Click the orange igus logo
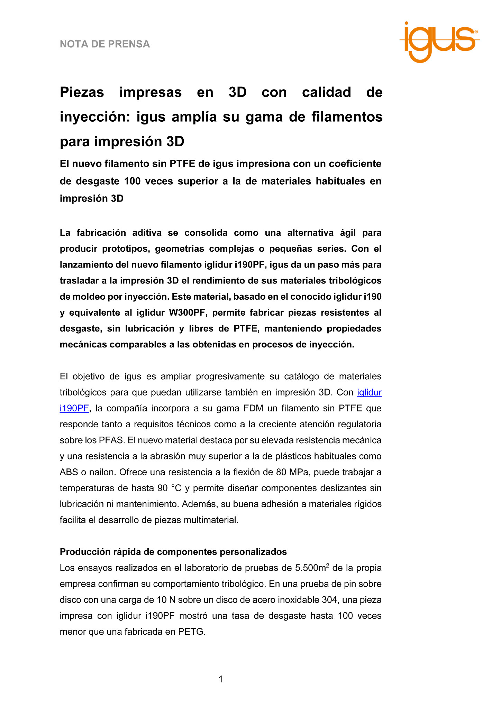(439, 41)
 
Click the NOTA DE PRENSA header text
(105, 44)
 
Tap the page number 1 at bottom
(221, 679)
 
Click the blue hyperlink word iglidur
(369, 392)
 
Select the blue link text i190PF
(74, 408)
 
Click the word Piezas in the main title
(82, 92)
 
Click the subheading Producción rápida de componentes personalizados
(173, 552)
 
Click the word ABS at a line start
(68, 472)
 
